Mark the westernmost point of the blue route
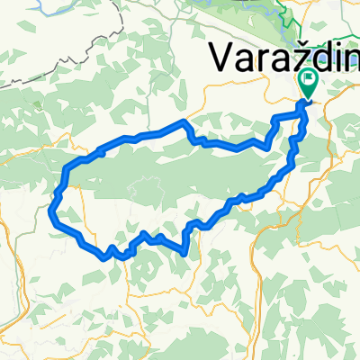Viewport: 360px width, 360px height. [49, 212]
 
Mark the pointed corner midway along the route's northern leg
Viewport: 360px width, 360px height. [185, 121]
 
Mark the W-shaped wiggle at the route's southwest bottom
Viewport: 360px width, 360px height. [112, 253]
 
